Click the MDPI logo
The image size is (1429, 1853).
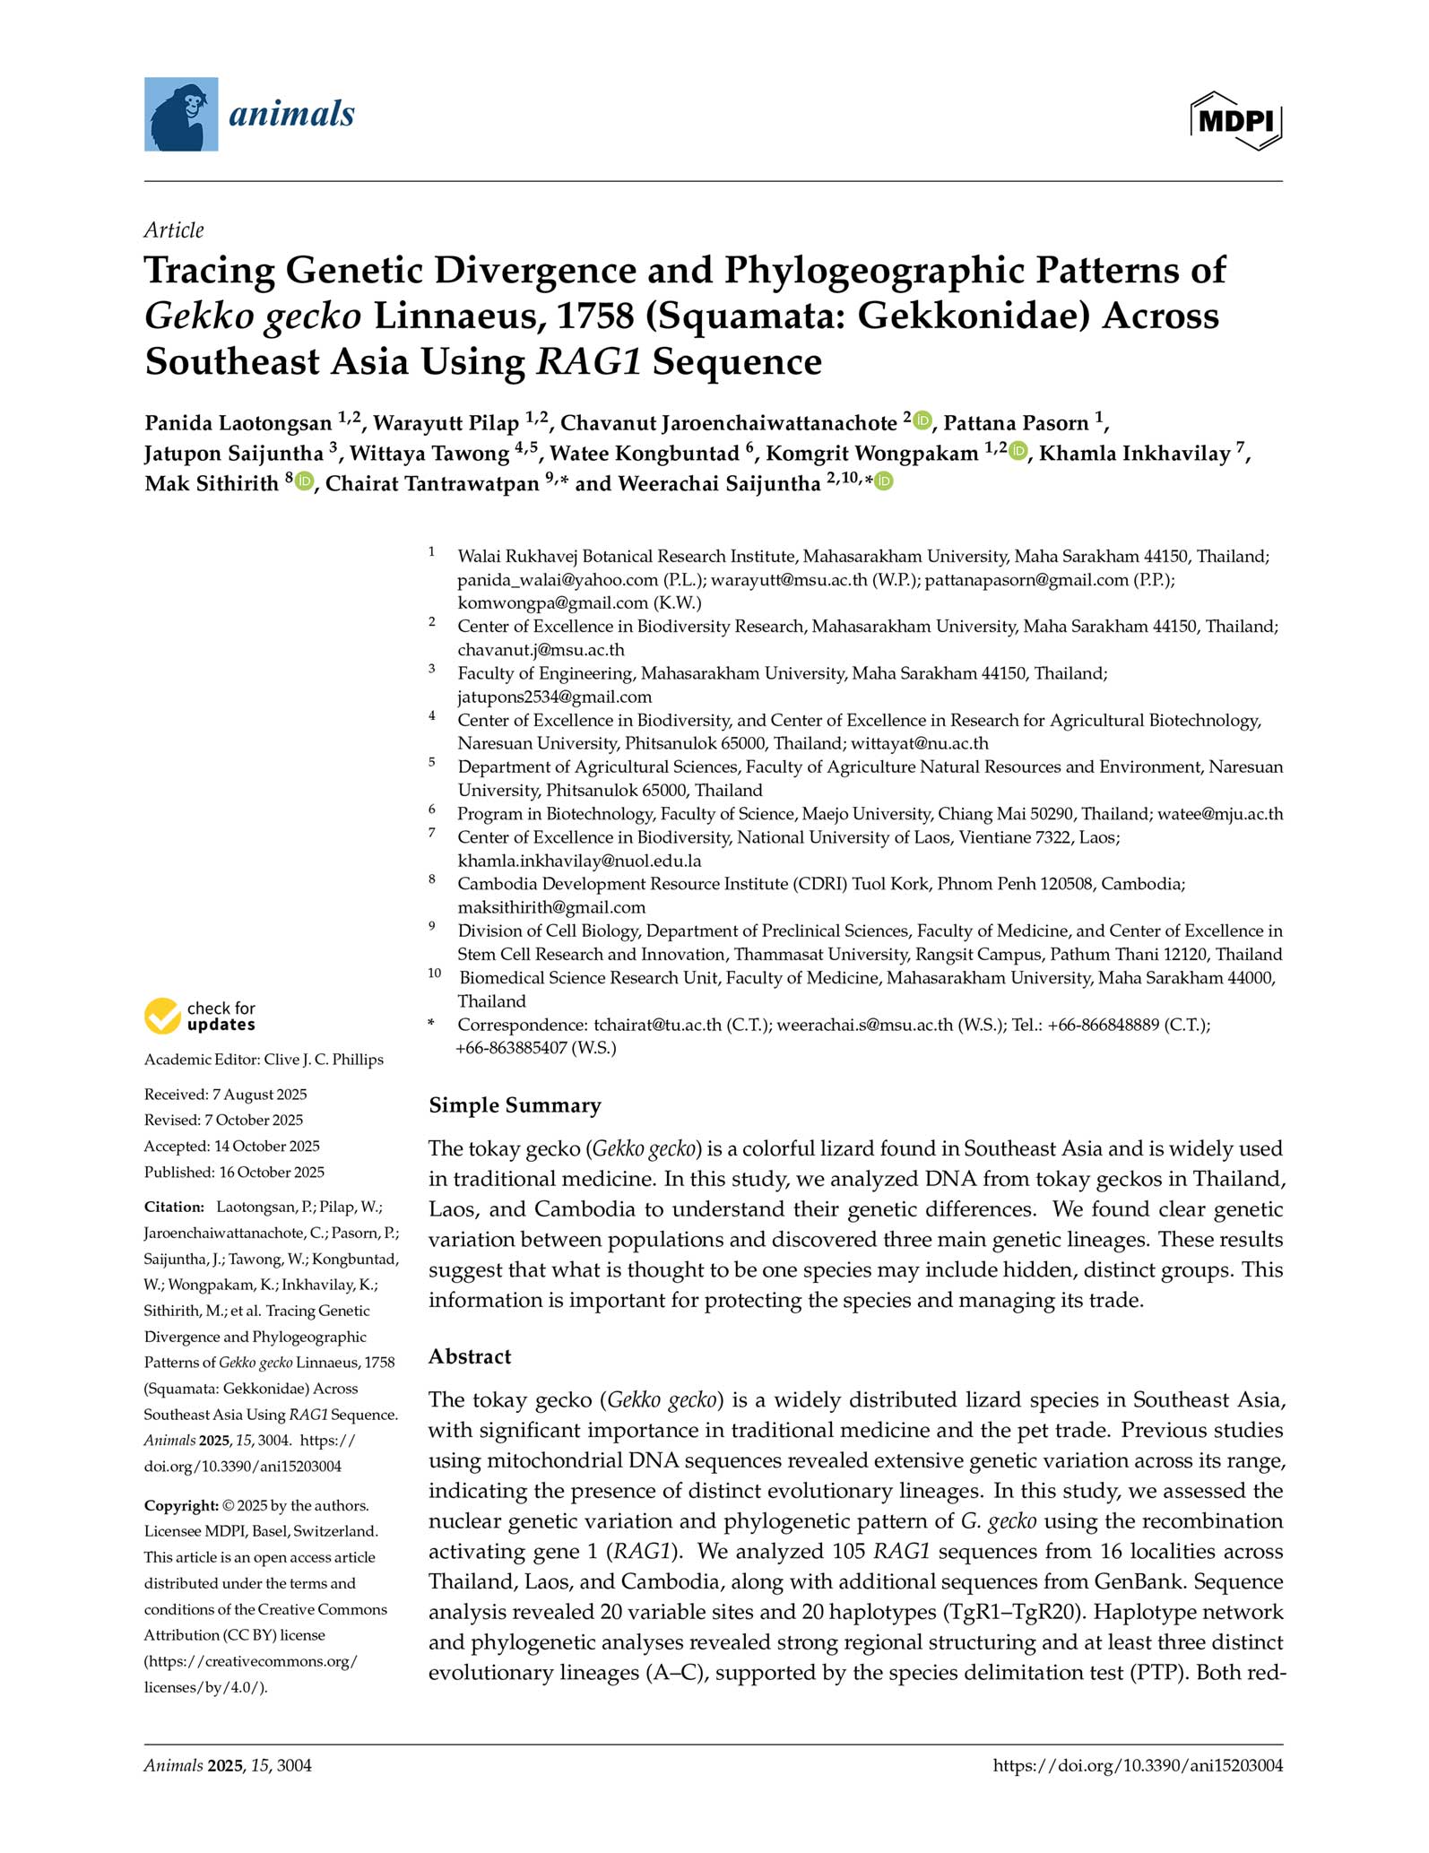(1236, 120)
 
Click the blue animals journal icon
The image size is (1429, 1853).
(181, 114)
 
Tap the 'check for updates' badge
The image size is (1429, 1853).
(200, 1017)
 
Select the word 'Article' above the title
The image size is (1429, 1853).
(174, 230)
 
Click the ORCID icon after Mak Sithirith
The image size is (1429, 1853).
(304, 482)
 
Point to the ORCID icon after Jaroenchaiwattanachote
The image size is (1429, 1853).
(922, 420)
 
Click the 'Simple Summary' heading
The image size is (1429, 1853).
(515, 1105)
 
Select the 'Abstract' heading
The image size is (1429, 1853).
(470, 1356)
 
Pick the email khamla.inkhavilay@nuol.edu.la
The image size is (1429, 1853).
(579, 861)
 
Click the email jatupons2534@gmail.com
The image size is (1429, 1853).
(554, 697)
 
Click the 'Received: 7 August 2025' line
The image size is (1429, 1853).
(226, 1094)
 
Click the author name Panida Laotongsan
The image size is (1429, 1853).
(238, 423)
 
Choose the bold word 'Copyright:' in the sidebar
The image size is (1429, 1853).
(181, 1505)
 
